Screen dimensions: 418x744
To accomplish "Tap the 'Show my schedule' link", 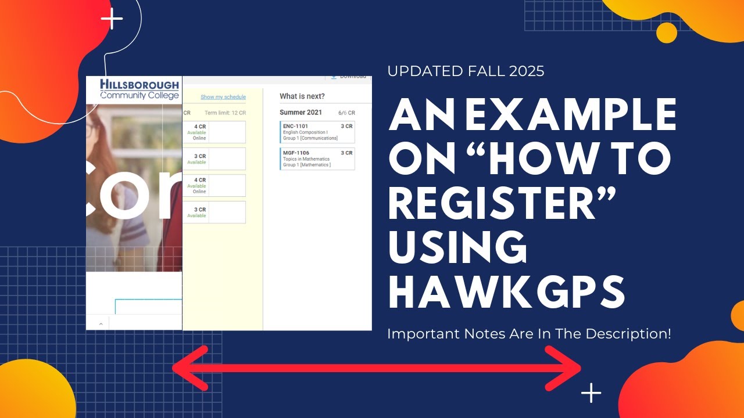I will click(223, 97).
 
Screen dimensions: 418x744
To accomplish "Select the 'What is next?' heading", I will click(302, 96).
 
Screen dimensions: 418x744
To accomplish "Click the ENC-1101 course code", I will click(295, 126).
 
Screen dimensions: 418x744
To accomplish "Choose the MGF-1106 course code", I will click(296, 153).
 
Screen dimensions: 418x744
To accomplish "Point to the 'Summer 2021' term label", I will click(301, 113).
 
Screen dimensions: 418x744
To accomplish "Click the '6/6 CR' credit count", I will click(346, 113).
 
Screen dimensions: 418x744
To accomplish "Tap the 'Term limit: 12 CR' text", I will click(225, 113).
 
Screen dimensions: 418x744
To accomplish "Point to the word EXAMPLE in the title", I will click(572, 115).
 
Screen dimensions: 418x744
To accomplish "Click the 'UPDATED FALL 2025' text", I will click(466, 71).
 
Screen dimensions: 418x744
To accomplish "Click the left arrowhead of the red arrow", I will click(189, 367).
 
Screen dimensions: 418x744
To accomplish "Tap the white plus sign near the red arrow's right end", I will click(591, 393).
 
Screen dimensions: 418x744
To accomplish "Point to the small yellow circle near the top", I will click(667, 33).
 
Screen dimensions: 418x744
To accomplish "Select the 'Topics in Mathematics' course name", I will click(306, 159).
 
